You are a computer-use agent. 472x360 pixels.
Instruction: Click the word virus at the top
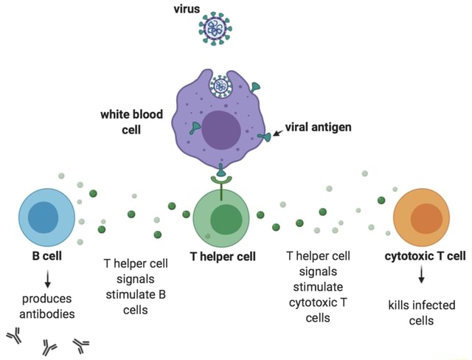coord(187,9)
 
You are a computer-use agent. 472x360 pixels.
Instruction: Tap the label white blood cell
coord(126,122)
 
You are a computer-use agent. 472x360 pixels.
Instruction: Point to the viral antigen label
coord(317,127)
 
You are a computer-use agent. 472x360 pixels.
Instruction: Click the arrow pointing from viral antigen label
coord(277,134)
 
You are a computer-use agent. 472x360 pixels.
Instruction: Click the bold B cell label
coord(46,257)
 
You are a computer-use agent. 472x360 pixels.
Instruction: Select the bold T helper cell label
coord(223,257)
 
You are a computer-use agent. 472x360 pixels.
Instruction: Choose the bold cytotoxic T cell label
coord(425,257)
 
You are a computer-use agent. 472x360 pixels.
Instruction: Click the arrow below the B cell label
coord(47,279)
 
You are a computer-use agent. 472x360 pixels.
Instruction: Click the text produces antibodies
coord(47,306)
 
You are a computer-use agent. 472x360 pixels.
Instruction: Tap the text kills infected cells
coord(422,313)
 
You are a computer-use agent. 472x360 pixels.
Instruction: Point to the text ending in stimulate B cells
coord(136,286)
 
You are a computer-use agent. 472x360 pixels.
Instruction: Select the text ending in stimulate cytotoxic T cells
coord(317,286)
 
